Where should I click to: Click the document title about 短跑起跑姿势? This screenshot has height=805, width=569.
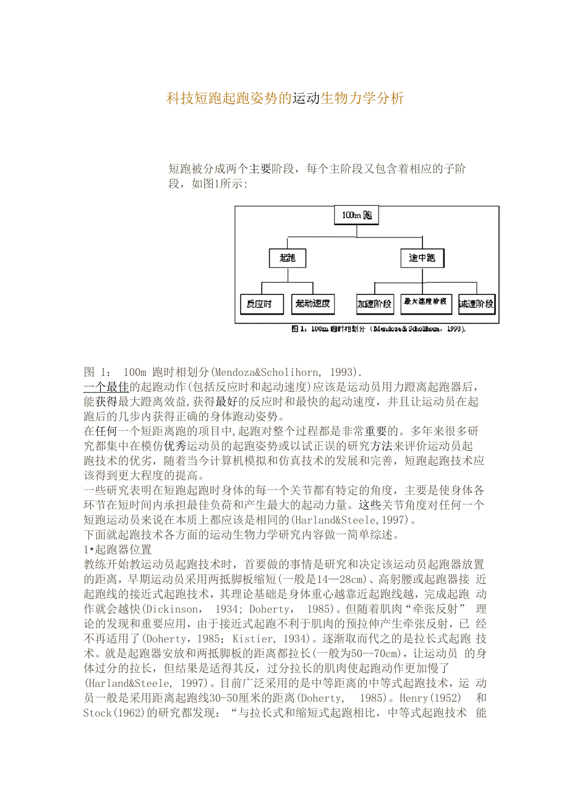click(285, 98)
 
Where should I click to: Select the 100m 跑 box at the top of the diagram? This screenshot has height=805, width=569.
click(356, 215)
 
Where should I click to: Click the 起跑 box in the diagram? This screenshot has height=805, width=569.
click(288, 257)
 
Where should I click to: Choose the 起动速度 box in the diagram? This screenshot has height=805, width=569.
click(313, 304)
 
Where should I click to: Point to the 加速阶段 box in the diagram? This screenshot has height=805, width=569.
click(374, 304)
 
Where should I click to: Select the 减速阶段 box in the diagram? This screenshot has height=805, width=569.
click(476, 304)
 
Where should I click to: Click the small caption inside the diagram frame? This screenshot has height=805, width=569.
click(378, 328)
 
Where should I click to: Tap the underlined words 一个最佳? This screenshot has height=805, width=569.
click(106, 386)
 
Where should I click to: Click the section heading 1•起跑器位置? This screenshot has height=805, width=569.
click(117, 549)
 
